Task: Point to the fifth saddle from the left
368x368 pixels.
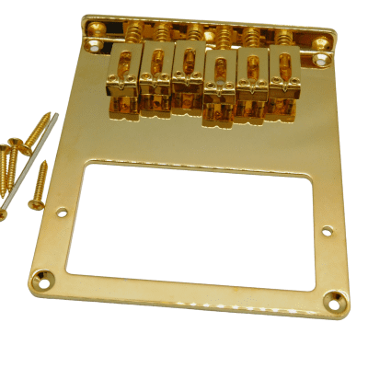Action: click(x=250, y=75)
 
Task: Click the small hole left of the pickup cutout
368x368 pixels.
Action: click(x=63, y=214)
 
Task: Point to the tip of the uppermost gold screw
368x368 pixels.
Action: click(x=48, y=115)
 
